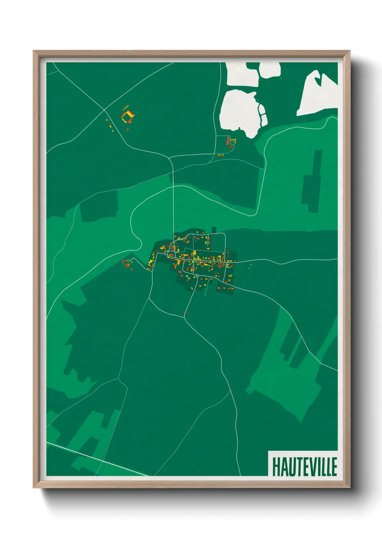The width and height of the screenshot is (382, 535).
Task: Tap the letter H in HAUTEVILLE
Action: click(276, 467)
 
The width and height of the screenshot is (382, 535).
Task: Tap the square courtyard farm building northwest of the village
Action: click(128, 116)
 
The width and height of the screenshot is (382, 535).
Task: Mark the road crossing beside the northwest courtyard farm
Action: click(104, 110)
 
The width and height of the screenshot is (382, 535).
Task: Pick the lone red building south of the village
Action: click(186, 312)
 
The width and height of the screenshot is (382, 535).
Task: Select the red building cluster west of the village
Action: click(127, 264)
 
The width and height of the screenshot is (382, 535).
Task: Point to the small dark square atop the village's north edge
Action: click(213, 230)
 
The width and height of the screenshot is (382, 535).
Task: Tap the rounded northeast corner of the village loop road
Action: click(224, 235)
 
